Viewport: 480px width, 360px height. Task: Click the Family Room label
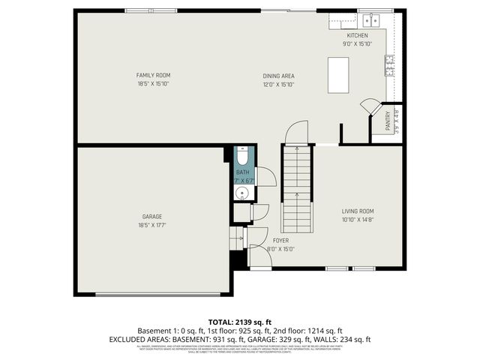[153, 75]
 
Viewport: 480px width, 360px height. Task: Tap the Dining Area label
[277, 76]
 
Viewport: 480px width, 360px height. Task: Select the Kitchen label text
[356, 35]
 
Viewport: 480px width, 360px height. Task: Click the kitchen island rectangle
[338, 73]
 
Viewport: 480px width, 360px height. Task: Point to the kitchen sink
[370, 20]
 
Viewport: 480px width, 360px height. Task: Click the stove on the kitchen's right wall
[389, 66]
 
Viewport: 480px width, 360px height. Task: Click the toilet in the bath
[243, 159]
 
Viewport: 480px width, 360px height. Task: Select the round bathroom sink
[241, 193]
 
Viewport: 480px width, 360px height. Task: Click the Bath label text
[242, 172]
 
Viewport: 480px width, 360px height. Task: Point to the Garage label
[152, 216]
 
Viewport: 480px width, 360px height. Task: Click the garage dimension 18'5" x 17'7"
[152, 225]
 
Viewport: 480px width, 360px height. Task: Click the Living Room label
[358, 211]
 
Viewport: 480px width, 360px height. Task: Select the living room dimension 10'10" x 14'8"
[358, 220]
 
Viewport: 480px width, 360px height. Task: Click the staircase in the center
[297, 189]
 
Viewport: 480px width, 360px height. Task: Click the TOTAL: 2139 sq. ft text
[240, 320]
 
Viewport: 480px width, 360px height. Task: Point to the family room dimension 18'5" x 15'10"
[153, 84]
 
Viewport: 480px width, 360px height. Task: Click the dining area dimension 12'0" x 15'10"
[277, 85]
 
